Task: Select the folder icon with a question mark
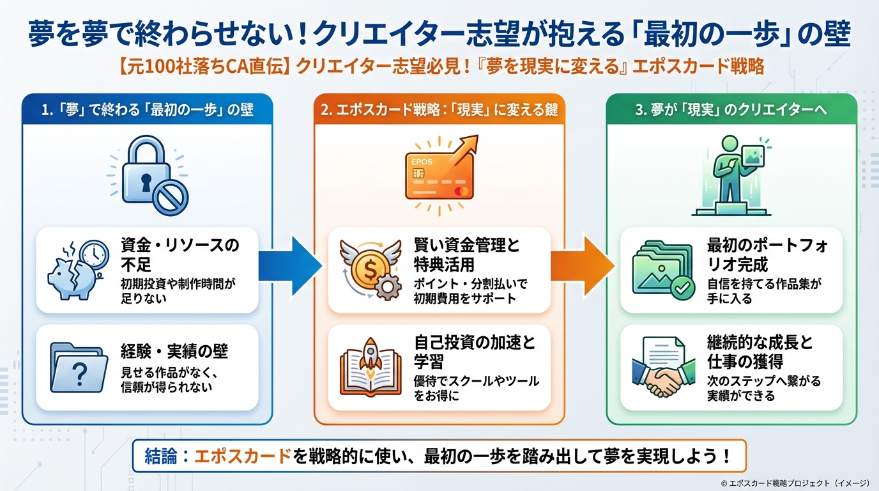pos(77,368)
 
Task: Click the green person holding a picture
pos(731,171)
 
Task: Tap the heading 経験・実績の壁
pos(174,351)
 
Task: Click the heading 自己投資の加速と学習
pos(474,352)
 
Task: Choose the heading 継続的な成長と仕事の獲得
pos(760,352)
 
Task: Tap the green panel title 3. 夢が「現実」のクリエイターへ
pos(731,109)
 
